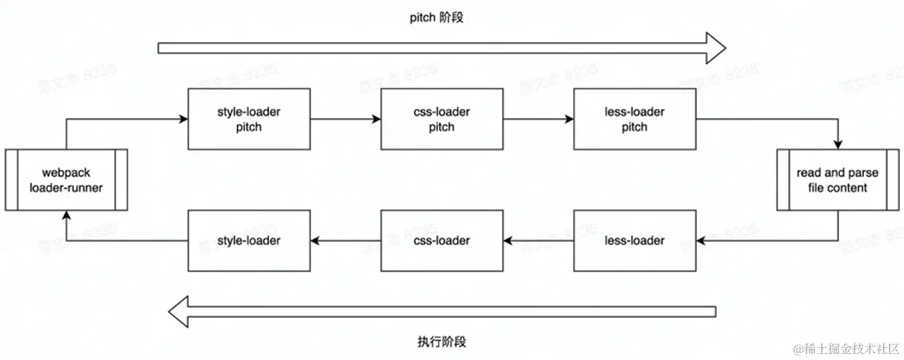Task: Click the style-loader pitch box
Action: pyautogui.click(x=248, y=119)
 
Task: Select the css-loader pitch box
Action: pyautogui.click(x=441, y=119)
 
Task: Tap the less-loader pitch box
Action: pyautogui.click(x=634, y=119)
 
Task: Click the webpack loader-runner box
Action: pyautogui.click(x=66, y=180)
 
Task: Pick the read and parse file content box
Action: pyautogui.click(x=837, y=180)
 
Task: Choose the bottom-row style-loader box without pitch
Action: pyautogui.click(x=248, y=240)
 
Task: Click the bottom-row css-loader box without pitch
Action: pyautogui.click(x=441, y=240)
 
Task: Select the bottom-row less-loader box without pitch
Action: pyautogui.click(x=634, y=240)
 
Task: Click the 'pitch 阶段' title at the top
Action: pyautogui.click(x=436, y=18)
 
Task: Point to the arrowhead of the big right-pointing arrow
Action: pyautogui.click(x=716, y=47)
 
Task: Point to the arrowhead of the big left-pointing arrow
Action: pyautogui.click(x=179, y=312)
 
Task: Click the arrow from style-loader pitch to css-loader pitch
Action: pyautogui.click(x=345, y=120)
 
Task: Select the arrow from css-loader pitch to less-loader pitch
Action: pyautogui.click(x=538, y=120)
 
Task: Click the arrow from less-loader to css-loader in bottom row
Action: pyautogui.click(x=538, y=240)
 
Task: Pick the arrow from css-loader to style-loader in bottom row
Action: pyautogui.click(x=345, y=240)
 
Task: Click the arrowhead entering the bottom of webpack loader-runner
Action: pyautogui.click(x=66, y=215)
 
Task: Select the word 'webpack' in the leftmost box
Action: pyautogui.click(x=66, y=173)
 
